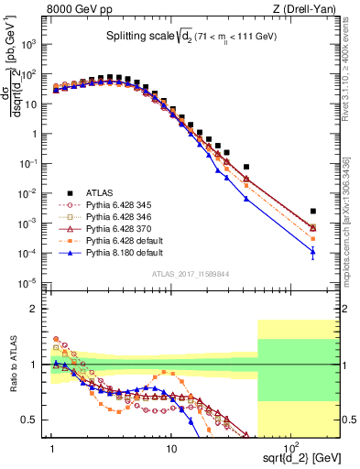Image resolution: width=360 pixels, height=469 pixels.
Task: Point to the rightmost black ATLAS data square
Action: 313,211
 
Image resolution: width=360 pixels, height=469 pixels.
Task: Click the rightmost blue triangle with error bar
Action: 313,252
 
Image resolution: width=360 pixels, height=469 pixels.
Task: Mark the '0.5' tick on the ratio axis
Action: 33,420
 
